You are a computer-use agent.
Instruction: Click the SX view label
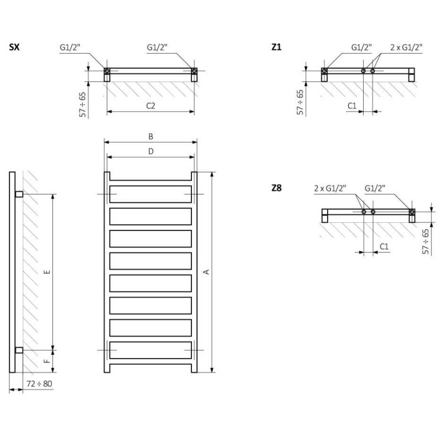point(15,47)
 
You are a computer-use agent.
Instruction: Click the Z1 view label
point(277,47)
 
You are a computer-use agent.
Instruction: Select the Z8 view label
point(277,188)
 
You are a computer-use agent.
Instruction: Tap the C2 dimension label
point(150,105)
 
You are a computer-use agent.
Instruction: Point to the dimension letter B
point(151,136)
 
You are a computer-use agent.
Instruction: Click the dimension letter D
point(151,152)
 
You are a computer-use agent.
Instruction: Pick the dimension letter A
point(206,272)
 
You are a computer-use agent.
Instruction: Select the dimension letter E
point(47,272)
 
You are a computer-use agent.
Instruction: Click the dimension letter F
point(47,361)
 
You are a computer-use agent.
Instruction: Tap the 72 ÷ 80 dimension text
point(39,384)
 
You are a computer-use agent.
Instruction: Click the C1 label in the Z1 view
point(352,105)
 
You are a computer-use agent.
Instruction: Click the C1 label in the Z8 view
point(384,246)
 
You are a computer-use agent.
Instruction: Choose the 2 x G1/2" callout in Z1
point(406,47)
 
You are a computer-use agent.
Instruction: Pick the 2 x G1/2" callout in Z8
point(330,188)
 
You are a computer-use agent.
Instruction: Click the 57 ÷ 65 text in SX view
point(82,104)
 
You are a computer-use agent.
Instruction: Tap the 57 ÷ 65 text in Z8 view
point(426,242)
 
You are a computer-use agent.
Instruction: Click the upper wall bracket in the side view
point(19,194)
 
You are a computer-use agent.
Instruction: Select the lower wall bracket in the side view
point(19,350)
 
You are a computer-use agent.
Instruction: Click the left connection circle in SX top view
point(107,71)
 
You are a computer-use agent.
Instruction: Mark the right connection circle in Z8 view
point(412,212)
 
